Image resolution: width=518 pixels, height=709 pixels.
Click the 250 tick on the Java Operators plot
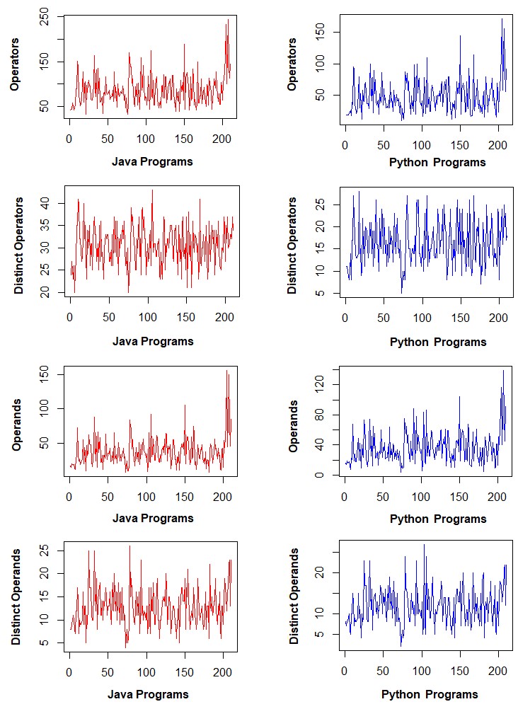(x=45, y=21)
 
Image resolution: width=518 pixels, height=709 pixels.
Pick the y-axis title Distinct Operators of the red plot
(x=19, y=246)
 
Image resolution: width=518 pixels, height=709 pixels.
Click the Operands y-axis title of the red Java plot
(x=17, y=423)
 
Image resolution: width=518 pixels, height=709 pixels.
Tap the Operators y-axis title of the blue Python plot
(x=292, y=64)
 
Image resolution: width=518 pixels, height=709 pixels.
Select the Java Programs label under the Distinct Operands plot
(x=148, y=694)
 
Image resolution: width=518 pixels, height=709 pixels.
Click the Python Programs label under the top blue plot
(x=437, y=162)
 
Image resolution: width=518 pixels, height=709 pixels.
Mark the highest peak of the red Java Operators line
(x=228, y=20)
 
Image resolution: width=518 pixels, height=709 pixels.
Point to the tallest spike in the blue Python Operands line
(x=504, y=370)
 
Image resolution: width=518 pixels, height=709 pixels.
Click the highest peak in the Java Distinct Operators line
(x=152, y=190)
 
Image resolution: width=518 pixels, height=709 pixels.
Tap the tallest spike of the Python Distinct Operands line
(x=425, y=544)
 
